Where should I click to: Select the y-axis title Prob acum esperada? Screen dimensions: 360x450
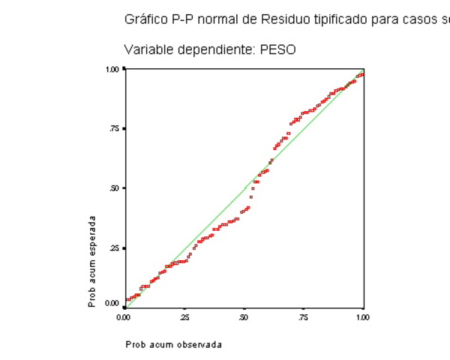click(x=92, y=262)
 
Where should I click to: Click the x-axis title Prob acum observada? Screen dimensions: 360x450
click(x=173, y=345)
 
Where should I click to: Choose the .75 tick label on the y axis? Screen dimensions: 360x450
click(x=115, y=129)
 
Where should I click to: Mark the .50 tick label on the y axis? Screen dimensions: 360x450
click(x=115, y=188)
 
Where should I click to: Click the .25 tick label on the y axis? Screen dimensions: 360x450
click(x=115, y=248)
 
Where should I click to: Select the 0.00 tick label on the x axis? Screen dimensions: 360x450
click(x=124, y=318)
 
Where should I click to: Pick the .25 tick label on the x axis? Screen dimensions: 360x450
click(x=184, y=318)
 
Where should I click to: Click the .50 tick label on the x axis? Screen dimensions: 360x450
click(x=244, y=318)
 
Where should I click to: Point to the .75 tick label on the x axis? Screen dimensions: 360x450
click(x=303, y=318)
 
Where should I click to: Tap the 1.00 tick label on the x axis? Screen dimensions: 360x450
click(x=363, y=318)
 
